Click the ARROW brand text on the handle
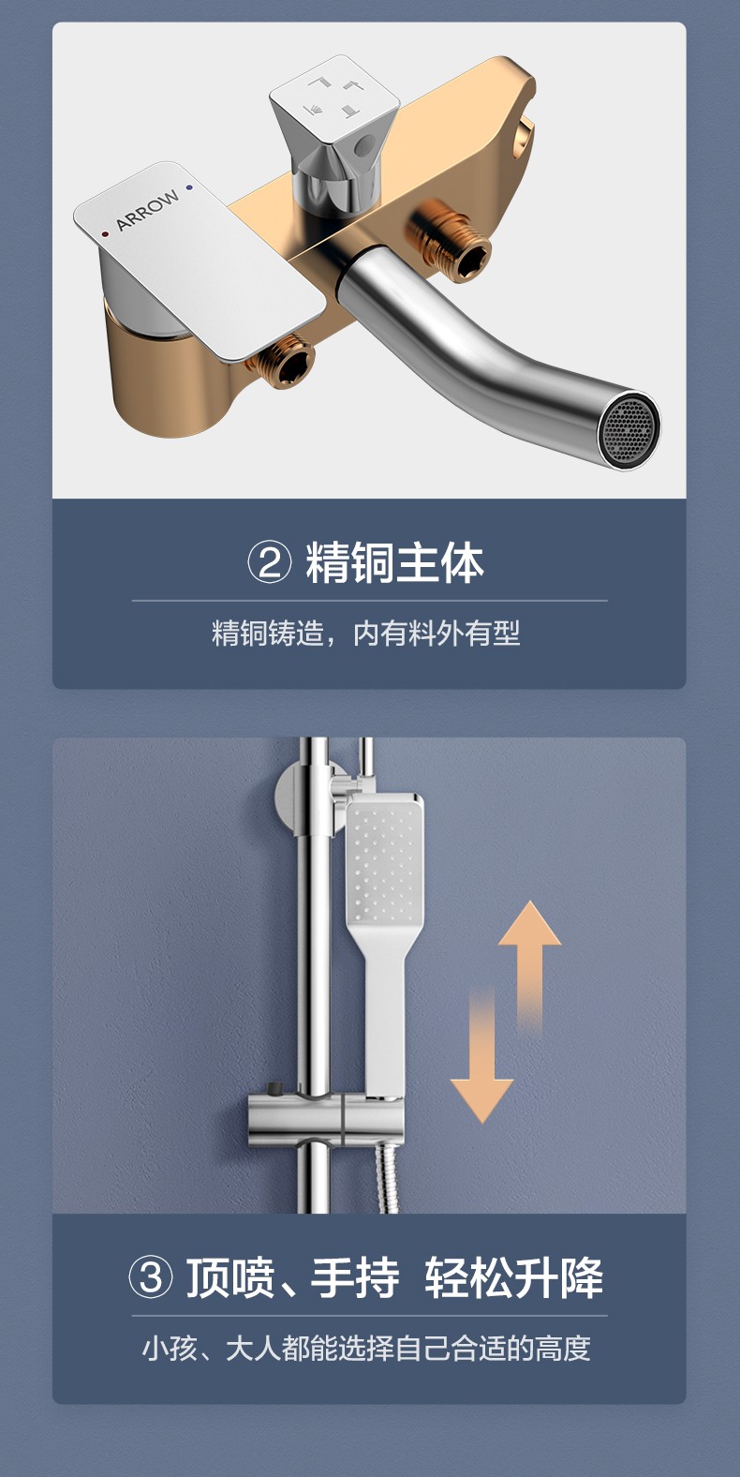coord(147,210)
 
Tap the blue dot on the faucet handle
coord(190,188)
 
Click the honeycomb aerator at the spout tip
coord(628,430)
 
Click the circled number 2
coord(269,563)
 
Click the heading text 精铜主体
coord(394,563)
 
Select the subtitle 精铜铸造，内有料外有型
coord(366,633)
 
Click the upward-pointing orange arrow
coord(530,966)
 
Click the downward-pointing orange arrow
coord(481,1054)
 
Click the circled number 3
coord(151,1277)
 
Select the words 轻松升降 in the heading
coord(514,1278)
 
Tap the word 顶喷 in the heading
coord(230,1278)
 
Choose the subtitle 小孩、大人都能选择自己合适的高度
coord(366,1348)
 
